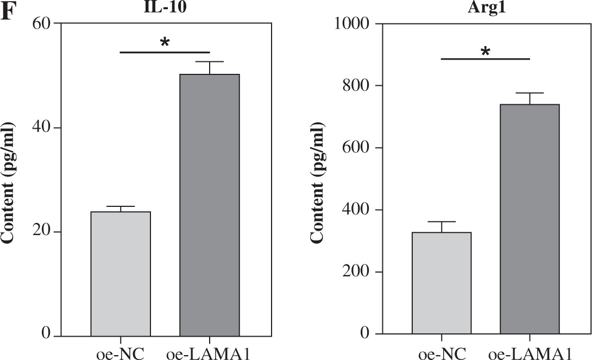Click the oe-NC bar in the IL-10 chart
click(121, 274)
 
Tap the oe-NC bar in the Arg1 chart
click(442, 283)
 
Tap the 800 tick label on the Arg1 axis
click(356, 86)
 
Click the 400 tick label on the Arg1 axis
click(356, 210)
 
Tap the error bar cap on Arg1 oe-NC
click(442, 222)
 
